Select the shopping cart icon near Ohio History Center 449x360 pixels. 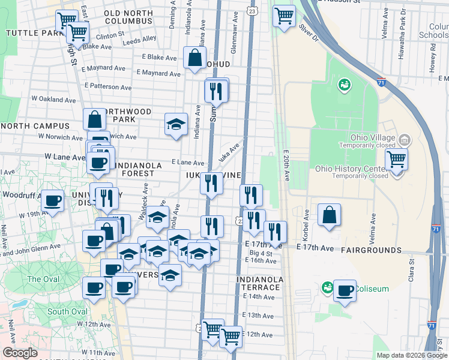pos(397,161)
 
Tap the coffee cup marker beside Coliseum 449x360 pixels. pos(345,291)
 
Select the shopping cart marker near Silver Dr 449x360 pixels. pos(284,16)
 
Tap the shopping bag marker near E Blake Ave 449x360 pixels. pos(195,59)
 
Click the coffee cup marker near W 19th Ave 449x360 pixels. pos(52,201)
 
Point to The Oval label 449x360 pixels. pos(43,279)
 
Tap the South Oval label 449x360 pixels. pos(67,311)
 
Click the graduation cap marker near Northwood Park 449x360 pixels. pos(175,124)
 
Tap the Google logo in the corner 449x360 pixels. pos(20,353)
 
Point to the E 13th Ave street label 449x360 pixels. pos(258,316)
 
